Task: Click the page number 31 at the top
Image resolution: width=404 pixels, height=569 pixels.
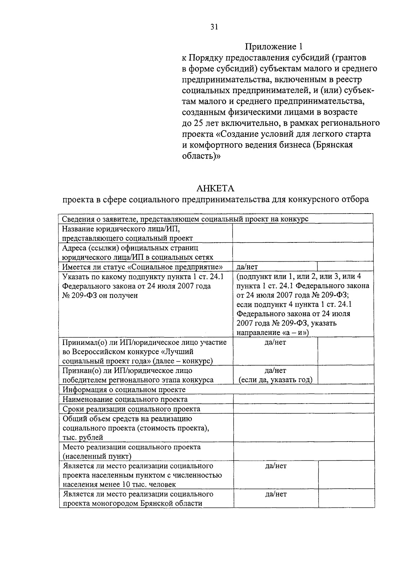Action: (x=214, y=27)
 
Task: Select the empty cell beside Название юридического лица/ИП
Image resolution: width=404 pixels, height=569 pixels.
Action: (x=302, y=233)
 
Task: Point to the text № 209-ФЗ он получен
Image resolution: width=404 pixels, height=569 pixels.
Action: (x=100, y=296)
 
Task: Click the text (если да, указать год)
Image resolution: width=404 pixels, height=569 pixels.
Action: (x=275, y=380)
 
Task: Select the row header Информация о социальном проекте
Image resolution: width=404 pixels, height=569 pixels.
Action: (x=124, y=390)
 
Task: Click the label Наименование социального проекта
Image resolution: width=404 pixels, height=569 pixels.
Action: (x=125, y=400)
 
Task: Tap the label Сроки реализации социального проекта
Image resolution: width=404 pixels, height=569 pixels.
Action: (x=131, y=409)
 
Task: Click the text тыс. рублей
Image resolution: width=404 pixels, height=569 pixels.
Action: (x=83, y=438)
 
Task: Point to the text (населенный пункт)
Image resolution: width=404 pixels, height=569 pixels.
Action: (x=97, y=456)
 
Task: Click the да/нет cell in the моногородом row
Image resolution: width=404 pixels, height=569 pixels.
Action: (x=276, y=494)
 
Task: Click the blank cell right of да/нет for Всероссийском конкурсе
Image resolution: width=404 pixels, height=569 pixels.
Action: (x=345, y=351)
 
